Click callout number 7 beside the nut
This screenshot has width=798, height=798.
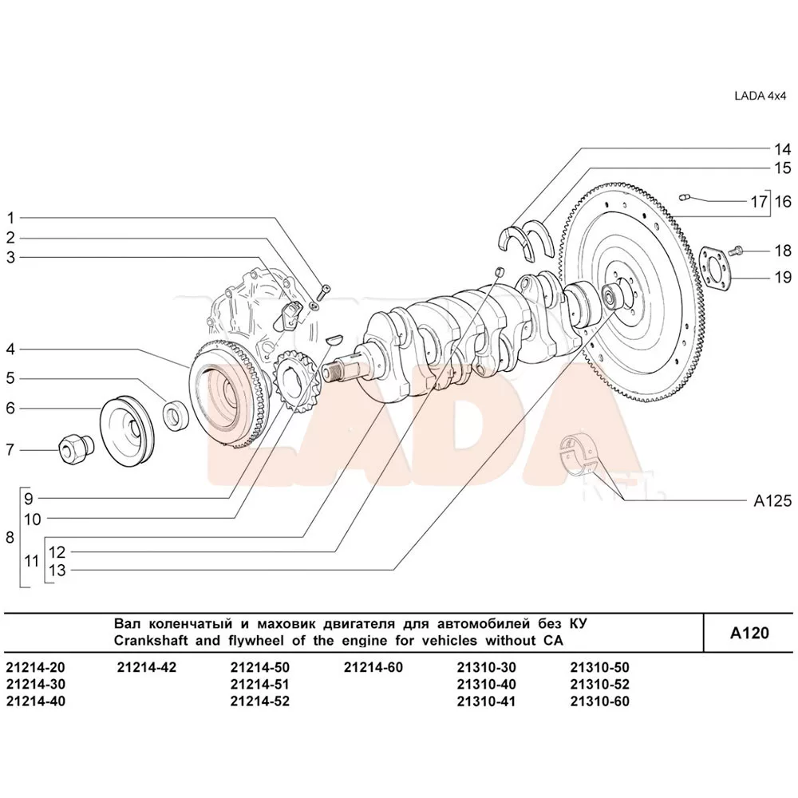click(x=10, y=450)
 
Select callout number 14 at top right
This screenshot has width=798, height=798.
click(x=781, y=149)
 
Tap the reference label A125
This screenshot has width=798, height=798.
click(x=772, y=501)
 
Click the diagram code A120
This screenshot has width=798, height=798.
click(x=749, y=634)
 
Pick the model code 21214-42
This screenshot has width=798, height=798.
click(x=146, y=667)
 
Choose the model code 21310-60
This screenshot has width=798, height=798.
click(x=600, y=701)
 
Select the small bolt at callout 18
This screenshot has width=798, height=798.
click(x=737, y=251)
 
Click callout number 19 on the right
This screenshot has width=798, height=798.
click(x=781, y=278)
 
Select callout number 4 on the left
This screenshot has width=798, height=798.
click(x=10, y=349)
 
